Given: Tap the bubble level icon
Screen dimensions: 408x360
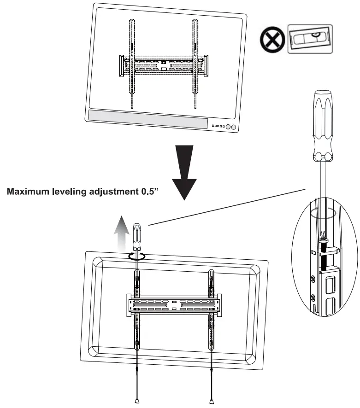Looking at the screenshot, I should coord(309,40).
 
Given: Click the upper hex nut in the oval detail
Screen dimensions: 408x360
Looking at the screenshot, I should coord(313,278).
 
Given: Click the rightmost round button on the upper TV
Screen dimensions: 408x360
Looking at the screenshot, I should coord(234,128).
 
